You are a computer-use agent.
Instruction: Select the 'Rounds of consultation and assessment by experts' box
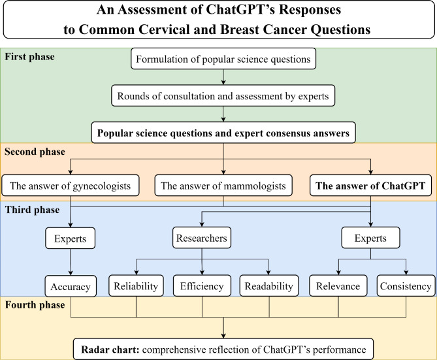click(223, 97)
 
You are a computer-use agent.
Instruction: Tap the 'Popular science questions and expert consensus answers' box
click(223, 133)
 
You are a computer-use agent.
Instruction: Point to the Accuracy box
click(70, 286)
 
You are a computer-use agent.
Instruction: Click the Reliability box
click(135, 286)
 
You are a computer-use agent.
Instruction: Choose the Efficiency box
click(202, 286)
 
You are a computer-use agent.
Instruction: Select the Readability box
click(268, 286)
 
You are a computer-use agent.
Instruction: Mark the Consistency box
click(406, 286)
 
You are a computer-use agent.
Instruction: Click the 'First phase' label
click(30, 57)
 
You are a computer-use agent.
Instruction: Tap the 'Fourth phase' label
click(35, 305)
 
